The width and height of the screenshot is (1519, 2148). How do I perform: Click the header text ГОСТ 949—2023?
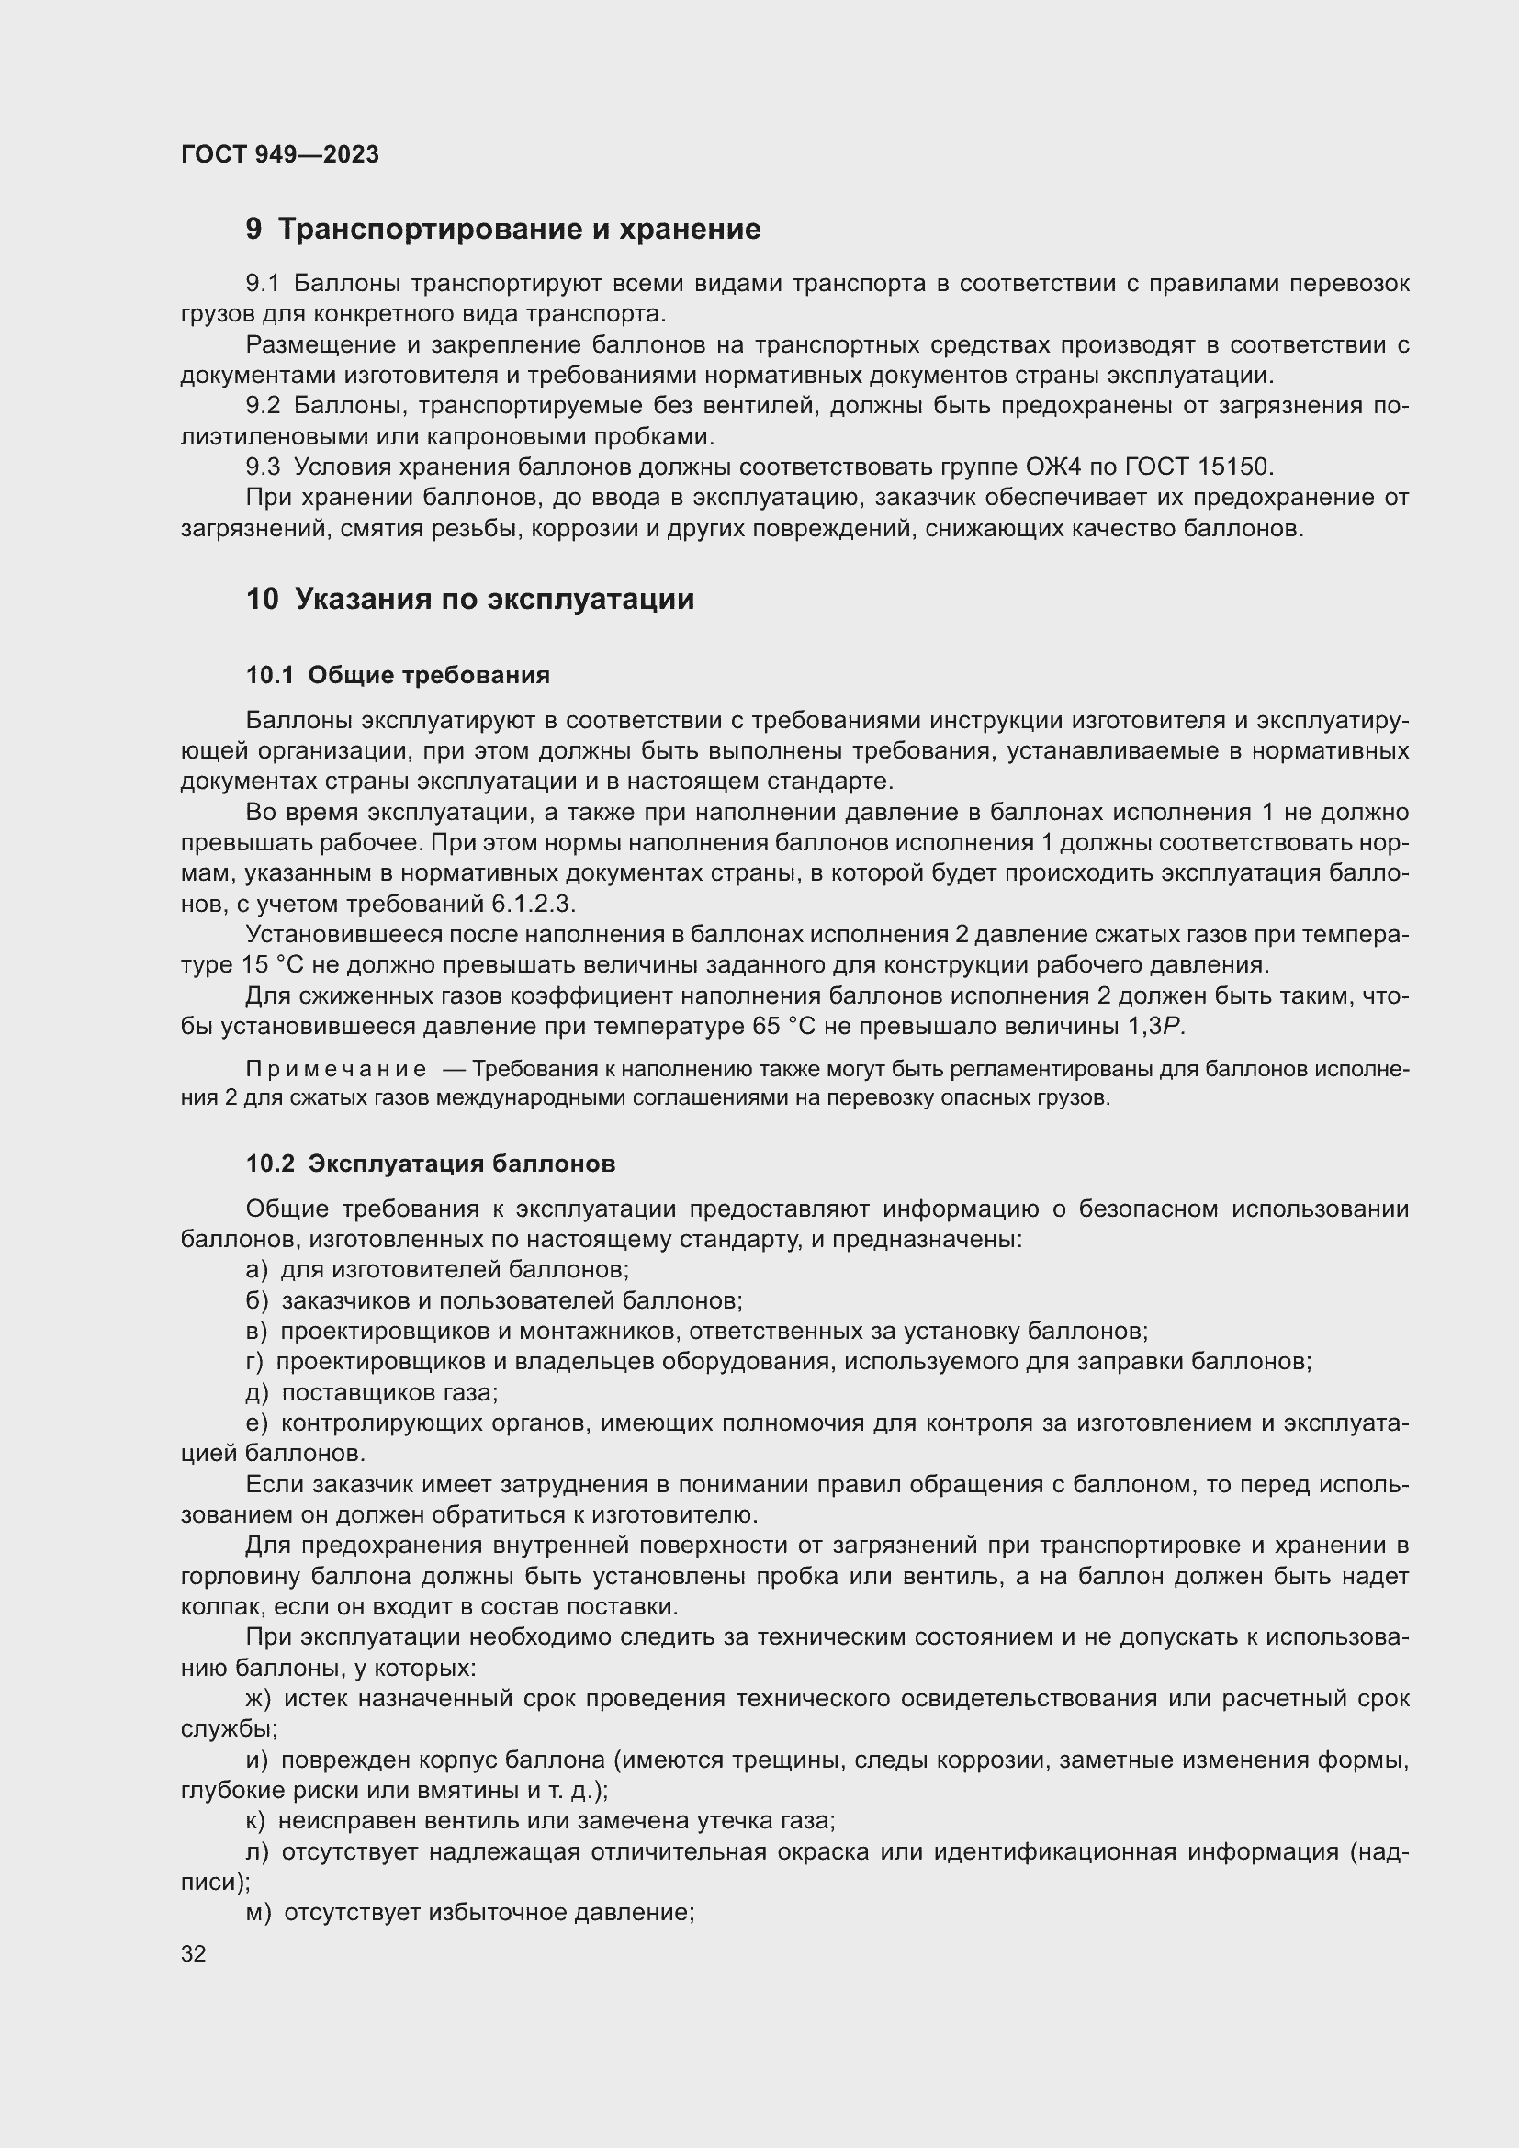[280, 154]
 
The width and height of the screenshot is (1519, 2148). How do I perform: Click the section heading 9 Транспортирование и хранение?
[503, 230]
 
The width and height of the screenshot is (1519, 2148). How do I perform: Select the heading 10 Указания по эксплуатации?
[470, 599]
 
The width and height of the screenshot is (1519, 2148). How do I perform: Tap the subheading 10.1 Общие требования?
[398, 675]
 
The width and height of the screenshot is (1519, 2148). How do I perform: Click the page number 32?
[194, 1954]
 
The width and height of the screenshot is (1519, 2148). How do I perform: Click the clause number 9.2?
[263, 406]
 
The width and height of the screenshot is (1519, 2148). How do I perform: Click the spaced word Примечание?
[336, 1069]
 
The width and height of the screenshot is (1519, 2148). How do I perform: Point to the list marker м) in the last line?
[258, 1913]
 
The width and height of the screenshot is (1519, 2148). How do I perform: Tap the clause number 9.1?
[263, 284]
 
